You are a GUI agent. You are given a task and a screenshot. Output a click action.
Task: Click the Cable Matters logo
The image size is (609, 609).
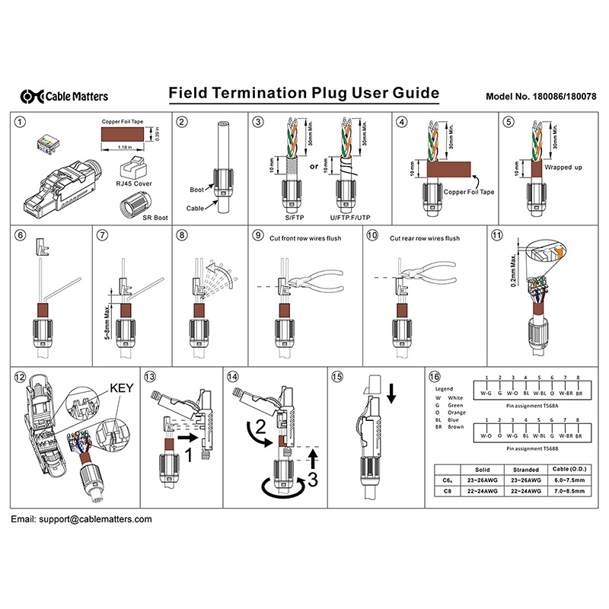point(65,96)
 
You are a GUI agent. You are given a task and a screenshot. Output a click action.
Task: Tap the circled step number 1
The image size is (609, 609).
point(21,122)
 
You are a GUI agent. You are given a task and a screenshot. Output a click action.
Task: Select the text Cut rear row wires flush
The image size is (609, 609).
point(425,238)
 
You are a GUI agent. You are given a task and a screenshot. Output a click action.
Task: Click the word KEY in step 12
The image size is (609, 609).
point(122,387)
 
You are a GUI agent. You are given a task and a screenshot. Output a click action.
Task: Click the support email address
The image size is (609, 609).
point(81,518)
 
